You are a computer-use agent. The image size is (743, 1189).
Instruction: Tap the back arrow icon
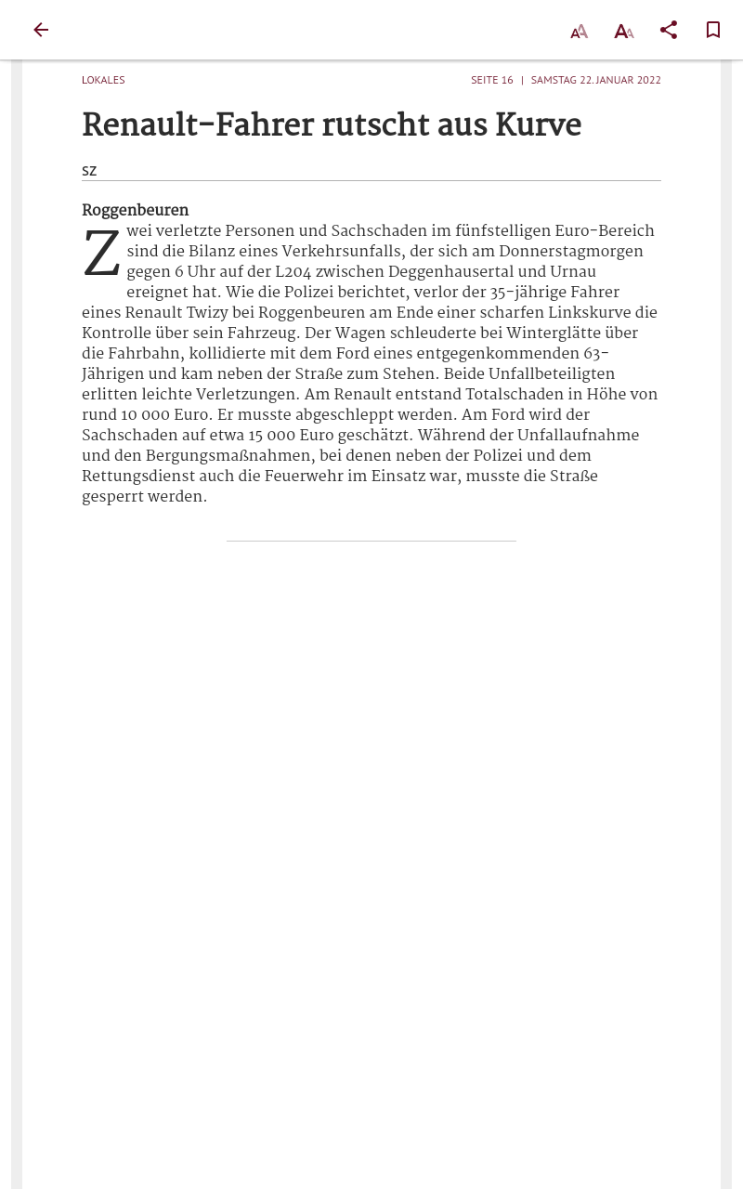pyautogui.click(x=41, y=30)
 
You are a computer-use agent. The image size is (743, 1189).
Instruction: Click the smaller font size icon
pyautogui.click(x=579, y=32)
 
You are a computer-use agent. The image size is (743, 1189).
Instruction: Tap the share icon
pyautogui.click(x=669, y=30)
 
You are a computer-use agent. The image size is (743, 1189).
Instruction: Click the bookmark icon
pyautogui.click(x=713, y=30)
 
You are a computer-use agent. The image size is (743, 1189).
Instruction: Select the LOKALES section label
pyautogui.click(x=103, y=80)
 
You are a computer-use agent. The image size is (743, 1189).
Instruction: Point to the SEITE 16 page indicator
pyautogui.click(x=491, y=80)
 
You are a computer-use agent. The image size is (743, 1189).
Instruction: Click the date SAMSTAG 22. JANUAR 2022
pyautogui.click(x=595, y=80)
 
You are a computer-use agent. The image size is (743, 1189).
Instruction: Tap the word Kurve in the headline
pyautogui.click(x=538, y=125)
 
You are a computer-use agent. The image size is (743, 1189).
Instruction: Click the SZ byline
pyautogui.click(x=89, y=171)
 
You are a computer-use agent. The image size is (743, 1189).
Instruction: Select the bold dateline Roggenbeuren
pyautogui.click(x=135, y=211)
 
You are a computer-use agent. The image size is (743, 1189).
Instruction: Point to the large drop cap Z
pyautogui.click(x=101, y=255)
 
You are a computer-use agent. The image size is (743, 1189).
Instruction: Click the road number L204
pyautogui.click(x=293, y=272)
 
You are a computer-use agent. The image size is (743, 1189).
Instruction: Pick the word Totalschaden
pyautogui.click(x=514, y=395)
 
